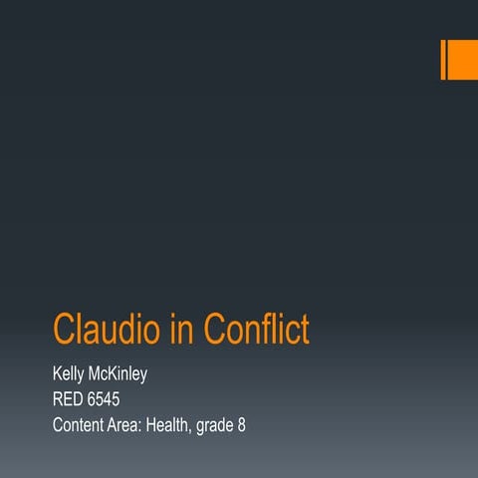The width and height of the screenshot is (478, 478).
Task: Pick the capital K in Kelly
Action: click(x=57, y=375)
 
